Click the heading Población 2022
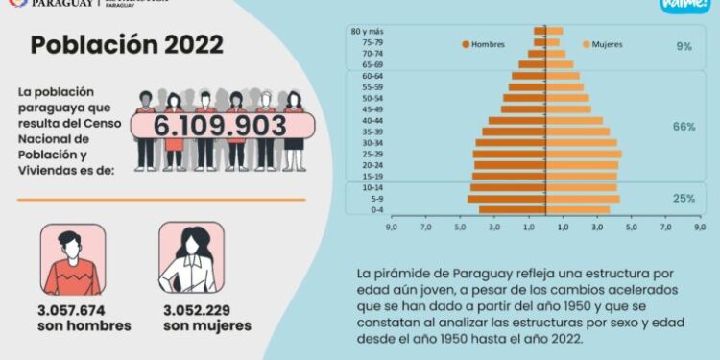click(x=127, y=45)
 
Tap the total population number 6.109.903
click(x=222, y=126)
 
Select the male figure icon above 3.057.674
click(x=72, y=260)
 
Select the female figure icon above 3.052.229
click(x=191, y=260)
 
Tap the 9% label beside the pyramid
click(x=684, y=46)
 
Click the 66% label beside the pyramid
click(x=684, y=127)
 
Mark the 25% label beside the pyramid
click(x=684, y=198)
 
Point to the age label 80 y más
click(x=367, y=32)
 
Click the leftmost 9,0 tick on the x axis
click(x=392, y=228)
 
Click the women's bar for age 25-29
click(x=584, y=154)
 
